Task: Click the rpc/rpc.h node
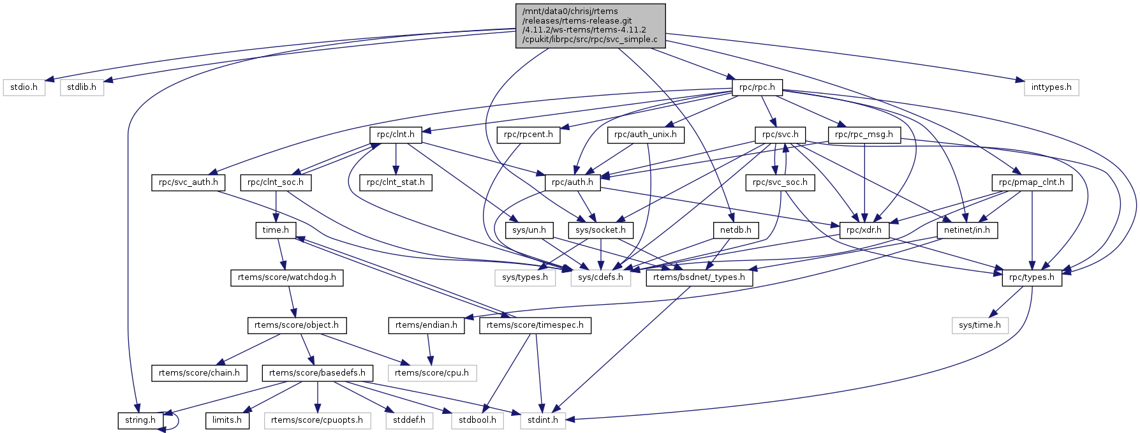757,87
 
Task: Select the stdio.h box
24,87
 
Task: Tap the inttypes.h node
1051,87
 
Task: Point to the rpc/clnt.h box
396,135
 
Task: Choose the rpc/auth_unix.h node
646,135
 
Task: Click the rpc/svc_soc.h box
780,182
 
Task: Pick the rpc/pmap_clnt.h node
1032,182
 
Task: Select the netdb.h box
736,230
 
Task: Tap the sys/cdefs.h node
600,277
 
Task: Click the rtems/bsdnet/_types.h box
699,277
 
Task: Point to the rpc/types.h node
1032,277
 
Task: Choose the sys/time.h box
980,325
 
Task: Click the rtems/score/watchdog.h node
286,277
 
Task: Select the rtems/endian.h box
426,325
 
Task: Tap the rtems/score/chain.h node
199,373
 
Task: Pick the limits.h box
227,420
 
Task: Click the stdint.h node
542,420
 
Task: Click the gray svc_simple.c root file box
590,26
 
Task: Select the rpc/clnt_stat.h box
396,182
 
